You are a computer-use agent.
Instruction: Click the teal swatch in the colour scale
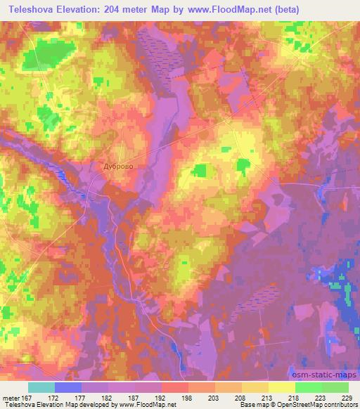41,387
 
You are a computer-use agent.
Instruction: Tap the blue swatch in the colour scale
68,387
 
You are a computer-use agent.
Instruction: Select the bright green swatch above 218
308,387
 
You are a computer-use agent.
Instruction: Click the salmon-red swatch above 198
174,387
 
